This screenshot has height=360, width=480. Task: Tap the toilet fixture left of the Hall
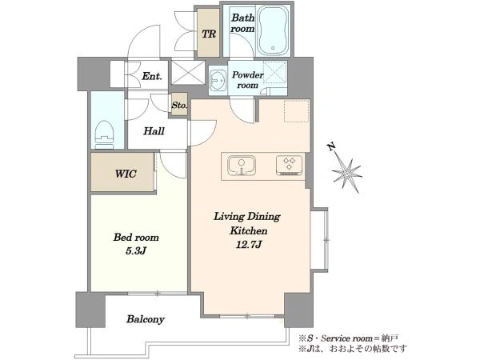(104, 134)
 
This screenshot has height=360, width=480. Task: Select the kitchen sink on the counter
(242, 166)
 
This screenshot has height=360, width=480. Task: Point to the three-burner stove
(290, 166)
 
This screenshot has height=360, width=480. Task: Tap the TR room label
(209, 34)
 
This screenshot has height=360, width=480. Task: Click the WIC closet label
(126, 174)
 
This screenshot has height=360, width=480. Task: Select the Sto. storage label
(179, 106)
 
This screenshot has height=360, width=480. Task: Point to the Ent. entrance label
(151, 76)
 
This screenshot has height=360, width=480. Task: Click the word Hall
(154, 131)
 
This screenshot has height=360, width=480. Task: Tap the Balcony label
(146, 319)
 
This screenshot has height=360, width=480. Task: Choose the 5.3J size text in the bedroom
(136, 251)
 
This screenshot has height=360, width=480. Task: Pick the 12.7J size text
(248, 245)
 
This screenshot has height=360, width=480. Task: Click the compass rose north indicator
(347, 174)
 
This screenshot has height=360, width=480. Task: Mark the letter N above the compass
(331, 147)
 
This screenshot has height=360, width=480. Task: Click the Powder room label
(247, 80)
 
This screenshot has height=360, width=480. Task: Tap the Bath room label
(242, 23)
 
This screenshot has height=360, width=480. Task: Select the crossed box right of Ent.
(188, 72)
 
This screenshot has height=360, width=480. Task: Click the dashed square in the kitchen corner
(297, 110)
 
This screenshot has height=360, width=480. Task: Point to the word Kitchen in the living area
(248, 230)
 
